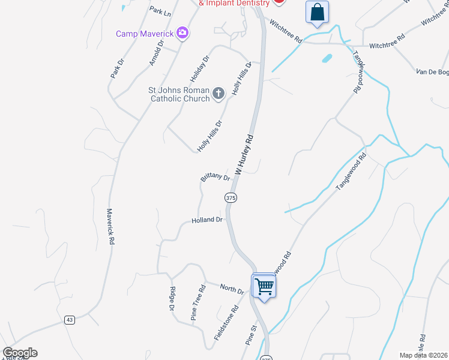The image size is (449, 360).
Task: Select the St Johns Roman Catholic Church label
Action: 179,94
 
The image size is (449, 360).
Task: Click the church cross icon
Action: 218,93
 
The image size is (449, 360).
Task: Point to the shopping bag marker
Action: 317,12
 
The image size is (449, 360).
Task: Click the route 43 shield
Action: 70,320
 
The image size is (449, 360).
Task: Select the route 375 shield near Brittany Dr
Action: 231,197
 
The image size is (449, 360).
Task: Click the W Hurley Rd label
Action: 245,154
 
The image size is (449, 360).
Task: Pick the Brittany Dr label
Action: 215,178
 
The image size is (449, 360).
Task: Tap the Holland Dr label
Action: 207,220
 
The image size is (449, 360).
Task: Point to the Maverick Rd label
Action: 110,226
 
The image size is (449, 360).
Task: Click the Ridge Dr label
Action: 172,299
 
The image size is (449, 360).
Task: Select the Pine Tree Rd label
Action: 199,303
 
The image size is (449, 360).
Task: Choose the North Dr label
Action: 232,289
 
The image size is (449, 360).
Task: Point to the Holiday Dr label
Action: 200,69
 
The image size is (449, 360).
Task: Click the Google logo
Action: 20,353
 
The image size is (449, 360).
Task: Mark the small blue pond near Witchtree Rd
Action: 327,59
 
